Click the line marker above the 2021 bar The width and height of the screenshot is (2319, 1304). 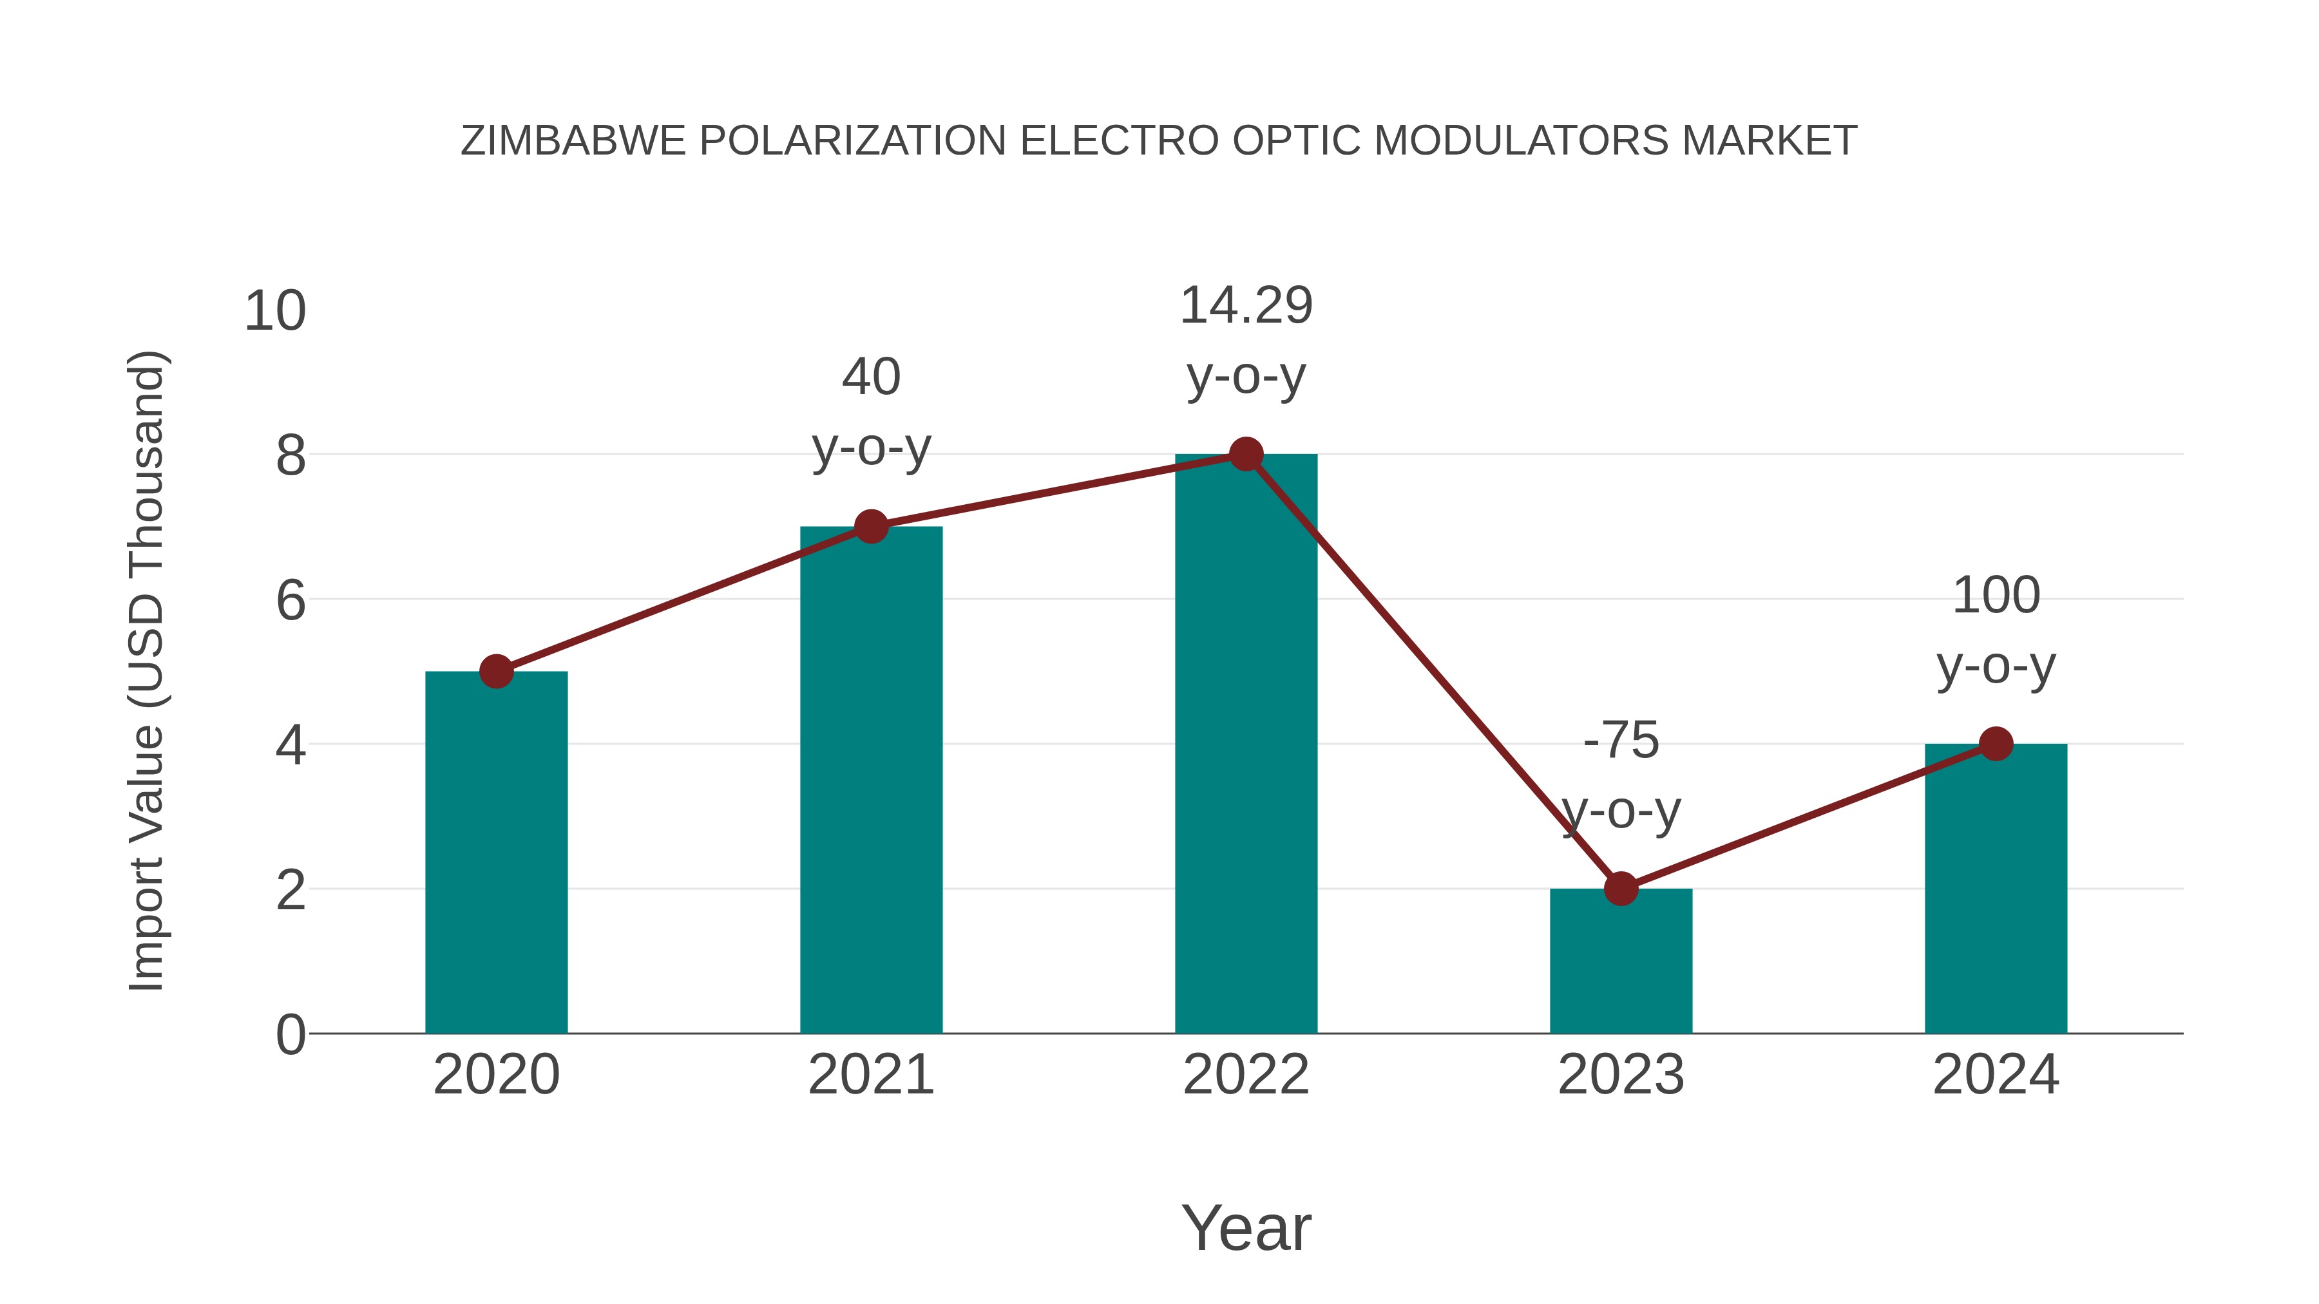coord(872,527)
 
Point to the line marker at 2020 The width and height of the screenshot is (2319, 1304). coord(496,672)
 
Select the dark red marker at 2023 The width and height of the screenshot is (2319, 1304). coord(1621,888)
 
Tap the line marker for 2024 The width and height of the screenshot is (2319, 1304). coord(1996,744)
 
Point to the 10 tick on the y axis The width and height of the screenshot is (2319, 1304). coord(274,312)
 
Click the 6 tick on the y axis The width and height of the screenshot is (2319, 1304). coord(291,600)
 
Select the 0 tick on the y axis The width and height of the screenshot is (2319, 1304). coord(291,1034)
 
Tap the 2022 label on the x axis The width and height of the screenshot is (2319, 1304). coord(1246,1075)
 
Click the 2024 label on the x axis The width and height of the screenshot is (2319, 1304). coord(1996,1075)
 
